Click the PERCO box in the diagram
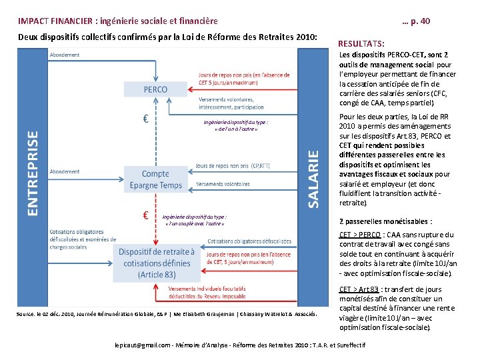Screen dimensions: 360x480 [156, 90]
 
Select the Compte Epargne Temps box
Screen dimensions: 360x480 [156, 179]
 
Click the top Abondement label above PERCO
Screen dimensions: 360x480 [65, 55]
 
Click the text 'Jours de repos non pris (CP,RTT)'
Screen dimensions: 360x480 [233, 166]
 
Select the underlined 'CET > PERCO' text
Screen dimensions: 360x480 [360, 235]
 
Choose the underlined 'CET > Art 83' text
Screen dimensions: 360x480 [361, 289]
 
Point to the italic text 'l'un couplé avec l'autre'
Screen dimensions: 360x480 [193, 223]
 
